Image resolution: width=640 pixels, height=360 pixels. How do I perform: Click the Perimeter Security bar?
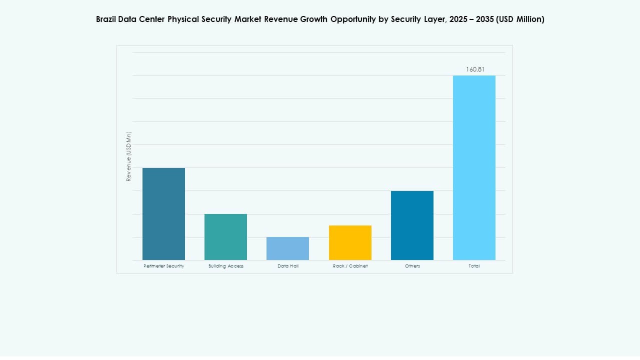pos(163,213)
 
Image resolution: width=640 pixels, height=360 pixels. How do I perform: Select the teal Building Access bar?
pos(225,236)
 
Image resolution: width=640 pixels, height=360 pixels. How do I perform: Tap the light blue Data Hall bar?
pos(287,248)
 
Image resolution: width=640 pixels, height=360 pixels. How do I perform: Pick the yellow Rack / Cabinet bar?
pos(350,242)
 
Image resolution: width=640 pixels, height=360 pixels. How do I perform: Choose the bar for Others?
pos(412,225)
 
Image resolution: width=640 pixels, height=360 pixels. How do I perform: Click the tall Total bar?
pos(474,167)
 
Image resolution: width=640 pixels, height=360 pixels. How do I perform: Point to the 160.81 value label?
pos(475,69)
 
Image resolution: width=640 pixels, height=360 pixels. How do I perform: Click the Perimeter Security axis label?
pos(163,266)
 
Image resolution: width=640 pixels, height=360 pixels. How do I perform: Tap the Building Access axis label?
pos(226,266)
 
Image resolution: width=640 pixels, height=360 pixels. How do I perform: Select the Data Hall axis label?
pos(288,266)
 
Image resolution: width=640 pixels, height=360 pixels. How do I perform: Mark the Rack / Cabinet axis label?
pos(350,266)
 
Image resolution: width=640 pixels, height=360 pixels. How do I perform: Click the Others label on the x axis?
pos(412,266)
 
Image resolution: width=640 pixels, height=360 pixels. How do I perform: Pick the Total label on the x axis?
pos(474,266)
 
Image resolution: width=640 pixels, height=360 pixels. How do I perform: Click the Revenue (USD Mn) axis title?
pos(128,156)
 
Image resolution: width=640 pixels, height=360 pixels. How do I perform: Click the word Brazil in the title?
pos(106,19)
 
